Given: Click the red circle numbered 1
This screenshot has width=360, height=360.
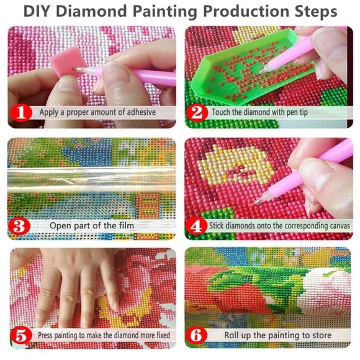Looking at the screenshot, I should click(22, 113).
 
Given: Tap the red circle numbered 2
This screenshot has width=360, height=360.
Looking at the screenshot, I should click(198, 113).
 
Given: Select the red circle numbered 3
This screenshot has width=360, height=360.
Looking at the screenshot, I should click(22, 225).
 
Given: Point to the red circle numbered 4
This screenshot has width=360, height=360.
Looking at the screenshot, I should click(198, 225).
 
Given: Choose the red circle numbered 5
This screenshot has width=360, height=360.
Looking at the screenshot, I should click(22, 336).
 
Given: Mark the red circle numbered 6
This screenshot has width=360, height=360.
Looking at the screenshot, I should click(198, 336).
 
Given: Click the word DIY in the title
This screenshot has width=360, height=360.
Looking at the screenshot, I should click(40, 12).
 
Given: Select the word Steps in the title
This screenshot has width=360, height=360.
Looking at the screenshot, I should click(315, 12).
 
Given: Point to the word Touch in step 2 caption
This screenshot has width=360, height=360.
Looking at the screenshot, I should click(223, 113).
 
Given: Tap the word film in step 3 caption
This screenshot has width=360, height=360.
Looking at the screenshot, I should click(126, 225).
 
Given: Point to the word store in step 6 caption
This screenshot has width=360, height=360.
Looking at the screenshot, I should click(319, 336).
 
